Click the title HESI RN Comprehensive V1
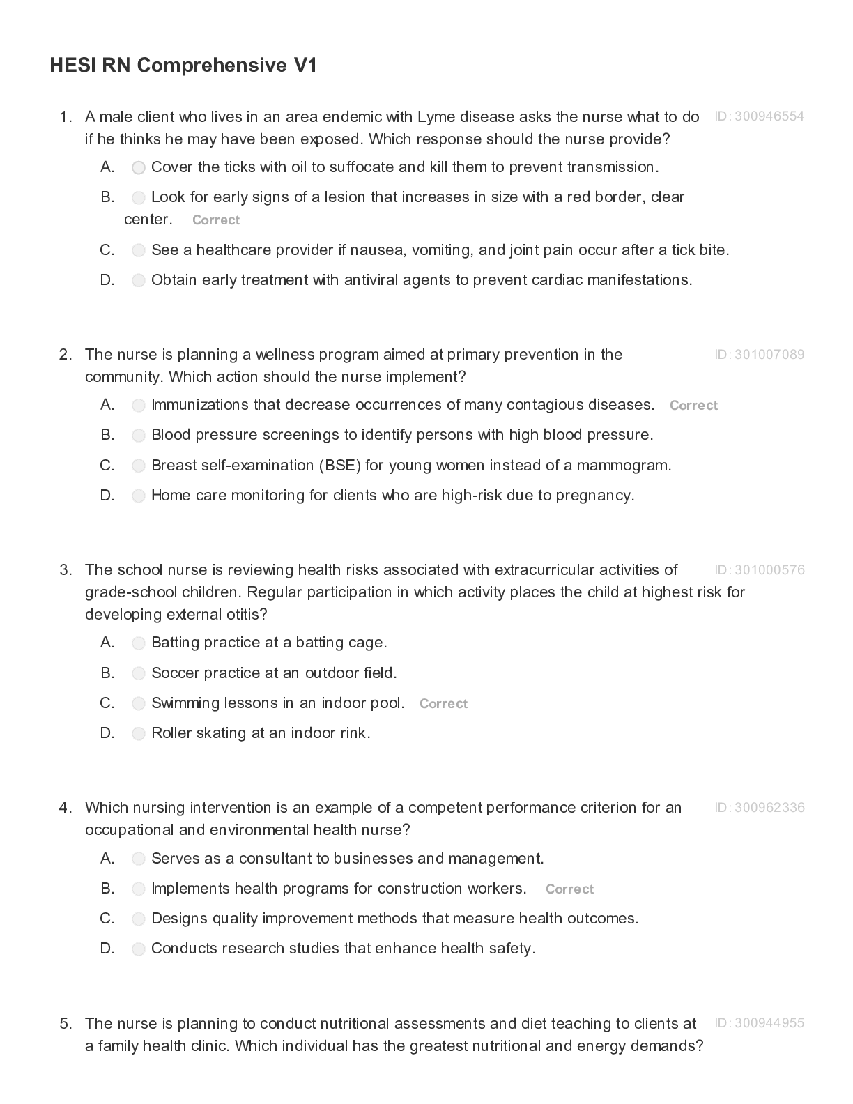pyautogui.click(x=183, y=66)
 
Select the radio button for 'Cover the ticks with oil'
pyautogui.click(x=139, y=168)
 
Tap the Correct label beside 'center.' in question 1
pyautogui.click(x=216, y=220)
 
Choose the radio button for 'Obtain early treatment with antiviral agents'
pyautogui.click(x=139, y=281)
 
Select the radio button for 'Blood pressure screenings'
pyautogui.click(x=139, y=436)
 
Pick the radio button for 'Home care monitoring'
pyautogui.click(x=139, y=496)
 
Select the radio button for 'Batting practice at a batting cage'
pyautogui.click(x=139, y=643)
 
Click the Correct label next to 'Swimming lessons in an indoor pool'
pyautogui.click(x=443, y=704)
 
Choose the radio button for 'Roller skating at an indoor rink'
pyautogui.click(x=139, y=734)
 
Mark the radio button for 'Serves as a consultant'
pyautogui.click(x=139, y=859)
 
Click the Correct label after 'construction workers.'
pyautogui.click(x=569, y=889)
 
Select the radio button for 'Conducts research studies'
pyautogui.click(x=139, y=949)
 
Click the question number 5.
pyautogui.click(x=66, y=1024)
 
